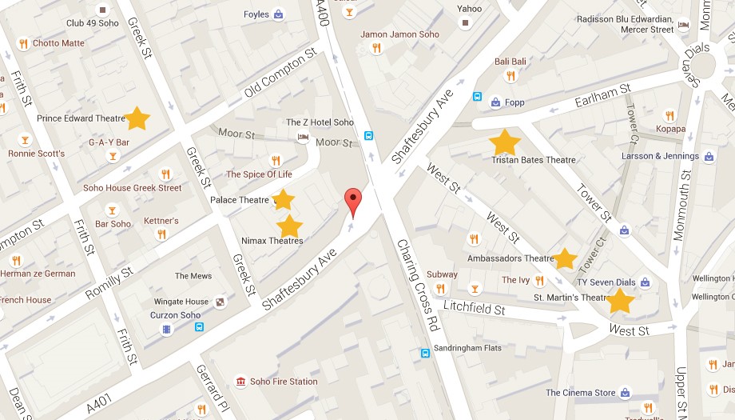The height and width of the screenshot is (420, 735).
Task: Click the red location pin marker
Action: pyautogui.click(x=352, y=203)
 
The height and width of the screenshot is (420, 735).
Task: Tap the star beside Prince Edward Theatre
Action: pyautogui.click(x=137, y=118)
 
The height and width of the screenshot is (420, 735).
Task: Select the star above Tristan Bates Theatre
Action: pyautogui.click(x=504, y=142)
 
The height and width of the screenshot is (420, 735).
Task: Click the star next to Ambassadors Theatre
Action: pyautogui.click(x=565, y=258)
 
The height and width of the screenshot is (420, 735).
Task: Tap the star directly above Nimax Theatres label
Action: pyautogui.click(x=289, y=226)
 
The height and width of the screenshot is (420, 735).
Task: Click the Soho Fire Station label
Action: pyautogui.click(x=283, y=382)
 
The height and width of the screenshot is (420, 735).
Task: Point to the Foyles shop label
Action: pyautogui.click(x=256, y=14)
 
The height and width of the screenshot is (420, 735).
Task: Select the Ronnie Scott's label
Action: pyautogui.click(x=37, y=154)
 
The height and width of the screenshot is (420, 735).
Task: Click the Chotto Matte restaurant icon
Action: pyautogui.click(x=23, y=43)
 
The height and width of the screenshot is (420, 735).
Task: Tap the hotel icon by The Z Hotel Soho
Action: pyautogui.click(x=303, y=138)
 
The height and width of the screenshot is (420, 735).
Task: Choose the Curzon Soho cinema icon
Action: pyautogui.click(x=166, y=329)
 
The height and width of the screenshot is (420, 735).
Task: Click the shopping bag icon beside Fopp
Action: pyautogui.click(x=495, y=102)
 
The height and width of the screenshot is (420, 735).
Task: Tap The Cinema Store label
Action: pyautogui.click(x=581, y=393)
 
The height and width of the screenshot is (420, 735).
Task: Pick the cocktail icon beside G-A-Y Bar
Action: pyautogui.click(x=113, y=155)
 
